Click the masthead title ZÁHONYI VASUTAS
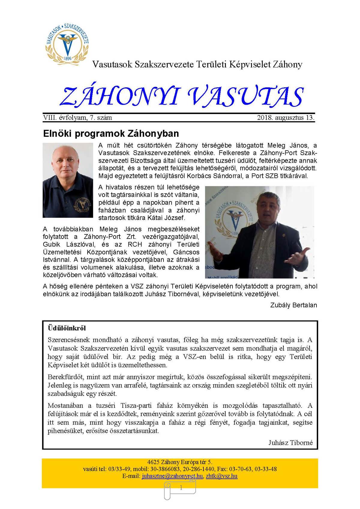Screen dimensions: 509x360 (181, 97)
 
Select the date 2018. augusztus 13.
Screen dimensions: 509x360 (286, 118)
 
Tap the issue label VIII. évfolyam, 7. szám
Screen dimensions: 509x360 (77, 118)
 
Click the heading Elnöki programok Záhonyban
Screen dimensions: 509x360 (111, 133)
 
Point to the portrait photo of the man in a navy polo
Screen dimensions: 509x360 (68, 180)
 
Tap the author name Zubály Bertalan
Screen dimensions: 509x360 (293, 305)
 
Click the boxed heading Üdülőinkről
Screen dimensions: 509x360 (67, 328)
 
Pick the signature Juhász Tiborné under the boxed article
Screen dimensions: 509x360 (290, 443)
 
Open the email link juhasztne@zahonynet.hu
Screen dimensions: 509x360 (172, 476)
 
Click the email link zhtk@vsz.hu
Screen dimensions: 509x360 (222, 476)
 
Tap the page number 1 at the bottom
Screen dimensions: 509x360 (181, 488)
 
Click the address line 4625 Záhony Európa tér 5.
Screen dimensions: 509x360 (180, 462)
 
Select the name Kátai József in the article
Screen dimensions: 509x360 (168, 218)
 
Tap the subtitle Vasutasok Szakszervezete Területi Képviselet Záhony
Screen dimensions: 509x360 (197, 64)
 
